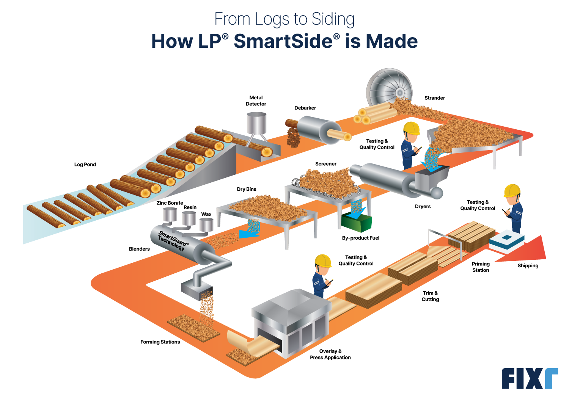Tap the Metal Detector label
coord(256,101)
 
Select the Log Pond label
coord(85,165)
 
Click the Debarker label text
coord(305,108)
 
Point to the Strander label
coord(434,98)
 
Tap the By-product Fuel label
coord(360,238)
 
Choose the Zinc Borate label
coord(170,203)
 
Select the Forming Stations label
coord(160,342)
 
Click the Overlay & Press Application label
coord(330,355)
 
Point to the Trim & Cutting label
coord(430,296)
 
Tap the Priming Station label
coord(481,267)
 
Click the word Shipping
coord(528,266)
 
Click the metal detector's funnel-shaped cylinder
coord(256,123)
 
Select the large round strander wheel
coord(389,89)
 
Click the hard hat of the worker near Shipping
coord(512,190)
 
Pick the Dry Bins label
coord(247,189)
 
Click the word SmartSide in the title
coord(283,41)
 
